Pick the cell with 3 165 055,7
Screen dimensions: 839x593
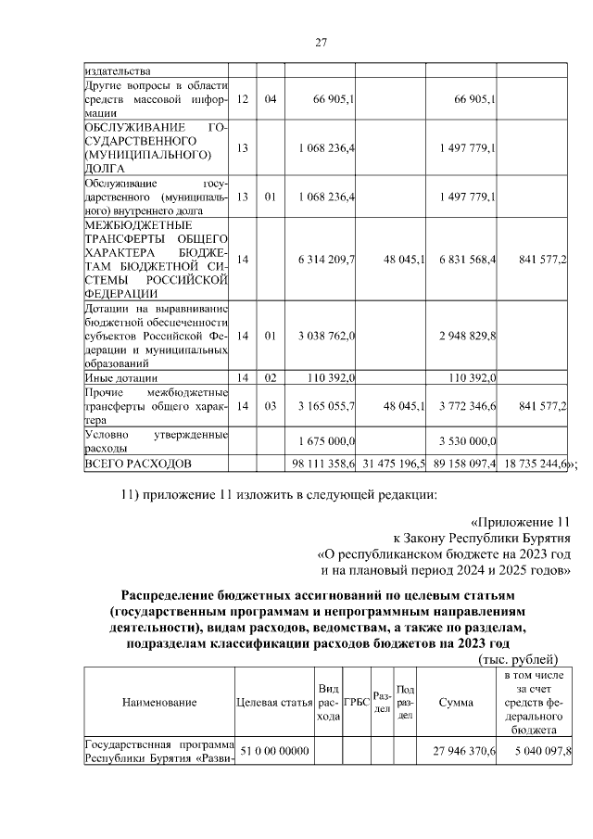click(x=325, y=405)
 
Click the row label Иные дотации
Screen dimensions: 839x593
click(x=120, y=378)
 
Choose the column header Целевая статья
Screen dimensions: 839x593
click(x=273, y=702)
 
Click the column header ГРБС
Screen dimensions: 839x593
click(x=356, y=702)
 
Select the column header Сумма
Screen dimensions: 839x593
click(x=457, y=702)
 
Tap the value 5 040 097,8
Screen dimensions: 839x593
click(x=540, y=750)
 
